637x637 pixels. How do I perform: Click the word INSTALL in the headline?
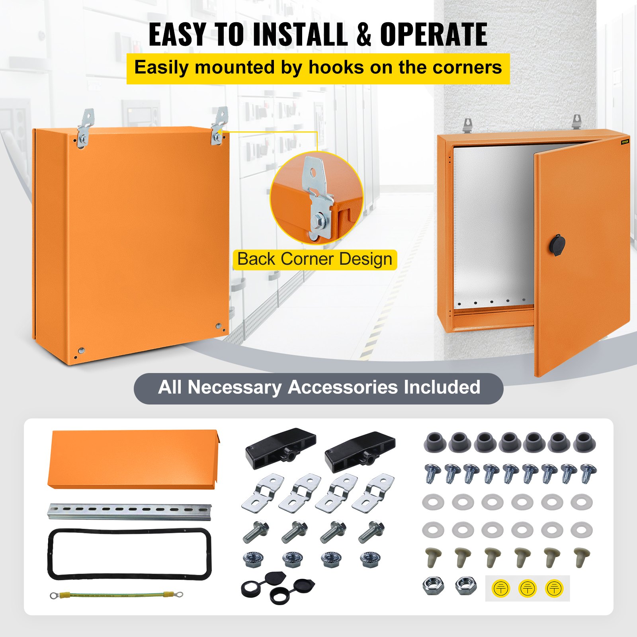pyautogui.click(x=300, y=35)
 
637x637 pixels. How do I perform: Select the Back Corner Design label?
pyautogui.click(x=315, y=259)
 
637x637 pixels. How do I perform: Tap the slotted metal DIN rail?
pyautogui.click(x=130, y=511)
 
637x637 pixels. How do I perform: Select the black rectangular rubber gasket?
pyautogui.click(x=130, y=554)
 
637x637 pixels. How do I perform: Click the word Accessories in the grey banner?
pyautogui.click(x=342, y=387)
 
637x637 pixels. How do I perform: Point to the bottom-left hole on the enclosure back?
pyautogui.click(x=81, y=351)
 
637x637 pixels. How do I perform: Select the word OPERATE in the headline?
pyautogui.click(x=434, y=35)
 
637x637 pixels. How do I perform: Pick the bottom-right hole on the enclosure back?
pyautogui.click(x=219, y=326)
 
